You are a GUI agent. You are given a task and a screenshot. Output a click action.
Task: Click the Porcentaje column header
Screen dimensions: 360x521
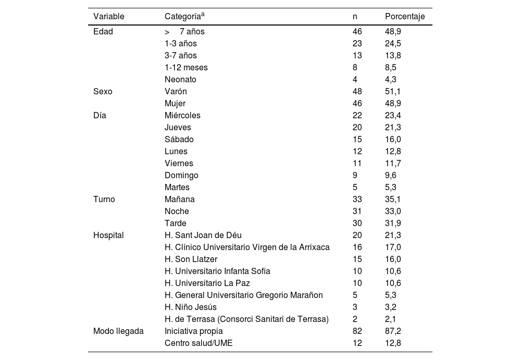tap(405, 17)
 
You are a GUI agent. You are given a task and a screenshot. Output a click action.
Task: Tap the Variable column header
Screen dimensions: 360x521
tap(109, 17)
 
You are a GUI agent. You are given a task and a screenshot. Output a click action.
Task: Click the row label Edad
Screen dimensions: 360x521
tap(103, 31)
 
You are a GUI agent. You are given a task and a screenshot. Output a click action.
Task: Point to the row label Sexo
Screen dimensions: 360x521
tap(103, 91)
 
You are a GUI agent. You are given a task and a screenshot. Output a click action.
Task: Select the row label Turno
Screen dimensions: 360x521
tap(104, 199)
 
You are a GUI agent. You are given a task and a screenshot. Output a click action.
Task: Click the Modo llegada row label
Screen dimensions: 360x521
tap(118, 331)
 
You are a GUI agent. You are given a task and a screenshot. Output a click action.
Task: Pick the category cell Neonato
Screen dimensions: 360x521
tap(180, 80)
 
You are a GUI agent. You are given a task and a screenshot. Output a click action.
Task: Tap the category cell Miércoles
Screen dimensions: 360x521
tap(182, 115)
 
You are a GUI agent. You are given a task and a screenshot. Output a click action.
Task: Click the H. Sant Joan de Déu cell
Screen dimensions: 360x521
tap(203, 235)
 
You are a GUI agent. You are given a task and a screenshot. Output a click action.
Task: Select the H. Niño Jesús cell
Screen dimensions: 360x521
tap(191, 307)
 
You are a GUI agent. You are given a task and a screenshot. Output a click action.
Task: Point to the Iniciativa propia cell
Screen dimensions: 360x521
tap(193, 331)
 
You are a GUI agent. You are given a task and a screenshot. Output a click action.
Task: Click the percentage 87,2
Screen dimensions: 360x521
tap(393, 331)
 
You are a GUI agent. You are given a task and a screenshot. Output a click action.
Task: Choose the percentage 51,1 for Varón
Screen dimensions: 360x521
tap(393, 91)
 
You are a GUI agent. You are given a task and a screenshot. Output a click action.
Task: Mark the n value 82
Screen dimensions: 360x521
tap(357, 331)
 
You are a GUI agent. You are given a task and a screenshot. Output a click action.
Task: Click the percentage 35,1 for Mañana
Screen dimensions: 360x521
tap(393, 199)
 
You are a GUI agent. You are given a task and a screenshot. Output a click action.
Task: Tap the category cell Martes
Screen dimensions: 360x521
tap(177, 187)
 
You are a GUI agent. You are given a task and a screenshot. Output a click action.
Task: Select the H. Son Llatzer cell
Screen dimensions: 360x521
tap(191, 259)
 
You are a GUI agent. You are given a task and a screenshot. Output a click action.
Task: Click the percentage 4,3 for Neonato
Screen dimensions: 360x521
tap(391, 80)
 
